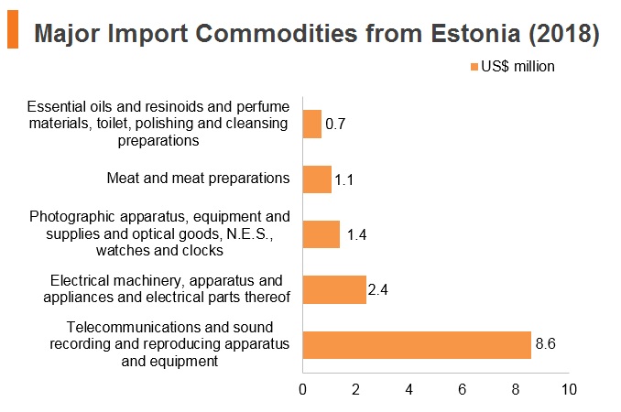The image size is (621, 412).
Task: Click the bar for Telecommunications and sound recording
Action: click(x=417, y=345)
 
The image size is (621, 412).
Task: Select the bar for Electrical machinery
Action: click(x=334, y=289)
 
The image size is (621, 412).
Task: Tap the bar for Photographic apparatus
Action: click(x=321, y=234)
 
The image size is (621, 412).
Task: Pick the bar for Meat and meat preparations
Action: click(x=317, y=179)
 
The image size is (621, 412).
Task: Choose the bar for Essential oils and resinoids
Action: click(x=312, y=124)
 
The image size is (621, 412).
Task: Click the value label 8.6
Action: click(x=545, y=343)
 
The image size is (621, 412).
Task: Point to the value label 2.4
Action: click(x=378, y=289)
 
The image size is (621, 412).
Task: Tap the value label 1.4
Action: click(x=356, y=234)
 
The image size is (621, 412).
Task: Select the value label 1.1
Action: click(x=343, y=180)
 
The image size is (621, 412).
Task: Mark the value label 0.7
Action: click(x=335, y=124)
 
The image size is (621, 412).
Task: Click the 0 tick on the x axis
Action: click(x=302, y=389)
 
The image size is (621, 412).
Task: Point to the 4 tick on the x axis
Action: click(x=409, y=389)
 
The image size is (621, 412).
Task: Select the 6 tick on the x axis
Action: click(x=463, y=389)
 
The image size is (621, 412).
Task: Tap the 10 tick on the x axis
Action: click(x=569, y=389)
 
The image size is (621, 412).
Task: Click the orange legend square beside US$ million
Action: click(x=474, y=67)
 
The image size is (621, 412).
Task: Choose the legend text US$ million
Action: click(x=517, y=67)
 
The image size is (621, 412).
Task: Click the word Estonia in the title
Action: click(x=475, y=33)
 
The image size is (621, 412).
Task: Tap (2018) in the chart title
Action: click(x=564, y=34)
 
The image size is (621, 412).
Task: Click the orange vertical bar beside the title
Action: click(x=13, y=29)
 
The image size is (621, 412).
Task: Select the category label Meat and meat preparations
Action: click(x=198, y=179)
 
